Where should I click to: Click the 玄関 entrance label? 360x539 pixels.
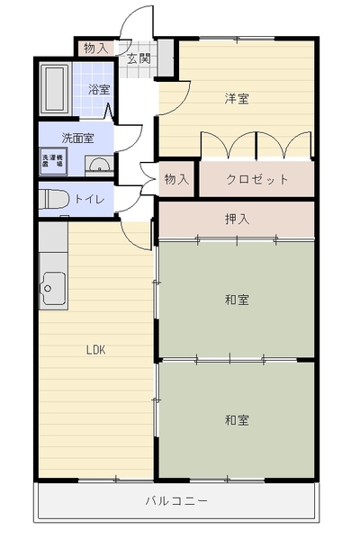(139, 58)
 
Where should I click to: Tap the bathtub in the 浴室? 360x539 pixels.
(55, 89)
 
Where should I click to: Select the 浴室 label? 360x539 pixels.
(99, 89)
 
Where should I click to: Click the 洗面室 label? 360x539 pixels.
(77, 139)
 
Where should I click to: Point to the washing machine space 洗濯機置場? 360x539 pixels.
(53, 161)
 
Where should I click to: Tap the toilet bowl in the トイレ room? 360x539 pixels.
(52, 199)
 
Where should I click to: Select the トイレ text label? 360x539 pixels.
(89, 199)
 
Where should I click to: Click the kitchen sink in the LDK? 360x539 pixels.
(53, 288)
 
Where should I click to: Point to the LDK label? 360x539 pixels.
(95, 350)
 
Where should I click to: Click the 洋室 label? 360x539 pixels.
(237, 99)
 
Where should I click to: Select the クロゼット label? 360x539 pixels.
(256, 179)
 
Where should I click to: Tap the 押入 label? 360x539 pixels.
(237, 219)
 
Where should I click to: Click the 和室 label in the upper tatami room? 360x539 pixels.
(237, 300)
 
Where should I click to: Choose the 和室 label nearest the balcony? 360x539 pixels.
(237, 419)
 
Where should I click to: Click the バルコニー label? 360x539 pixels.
(176, 500)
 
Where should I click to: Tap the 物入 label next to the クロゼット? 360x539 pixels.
(176, 179)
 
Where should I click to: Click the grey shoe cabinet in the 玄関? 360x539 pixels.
(166, 58)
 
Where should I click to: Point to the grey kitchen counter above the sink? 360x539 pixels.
(53, 237)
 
